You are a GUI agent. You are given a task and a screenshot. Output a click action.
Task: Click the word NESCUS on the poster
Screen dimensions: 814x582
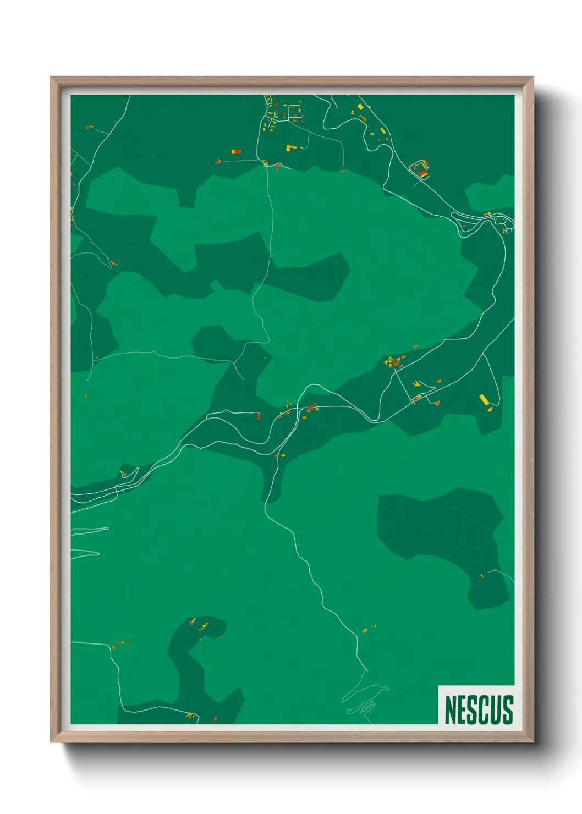[479, 710]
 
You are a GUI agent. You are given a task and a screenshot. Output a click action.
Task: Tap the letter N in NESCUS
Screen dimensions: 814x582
[451, 710]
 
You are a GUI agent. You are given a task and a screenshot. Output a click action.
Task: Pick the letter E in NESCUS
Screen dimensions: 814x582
[463, 710]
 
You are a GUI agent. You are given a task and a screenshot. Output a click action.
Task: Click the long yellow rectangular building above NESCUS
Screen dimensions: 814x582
[484, 399]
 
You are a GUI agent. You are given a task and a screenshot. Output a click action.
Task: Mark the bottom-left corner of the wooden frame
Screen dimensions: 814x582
[52, 741]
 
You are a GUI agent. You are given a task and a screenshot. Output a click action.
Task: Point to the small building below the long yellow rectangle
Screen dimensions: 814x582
[490, 409]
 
